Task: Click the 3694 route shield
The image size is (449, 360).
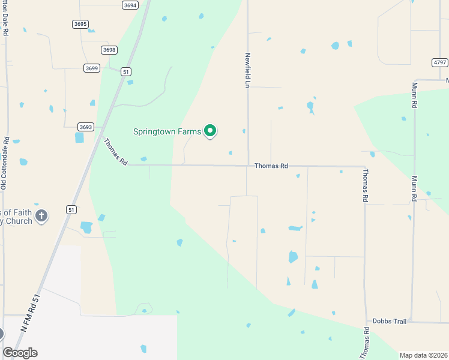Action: [130, 5]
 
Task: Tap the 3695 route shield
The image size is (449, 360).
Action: [80, 24]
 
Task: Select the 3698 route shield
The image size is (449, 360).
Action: [109, 50]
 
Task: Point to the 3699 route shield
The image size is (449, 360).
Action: [91, 68]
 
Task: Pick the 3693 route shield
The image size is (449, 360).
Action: [86, 127]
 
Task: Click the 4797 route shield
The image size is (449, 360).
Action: [440, 62]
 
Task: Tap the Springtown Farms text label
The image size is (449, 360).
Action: [166, 130]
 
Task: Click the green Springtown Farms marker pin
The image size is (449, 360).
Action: [210, 130]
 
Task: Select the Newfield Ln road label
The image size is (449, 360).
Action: [247, 70]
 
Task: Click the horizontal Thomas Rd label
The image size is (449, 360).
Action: [271, 166]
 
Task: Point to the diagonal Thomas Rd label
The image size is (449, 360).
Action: [115, 152]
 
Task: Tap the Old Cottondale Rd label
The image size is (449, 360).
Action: [4, 164]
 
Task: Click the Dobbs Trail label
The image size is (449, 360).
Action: [390, 322]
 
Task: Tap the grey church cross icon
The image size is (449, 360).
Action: [41, 215]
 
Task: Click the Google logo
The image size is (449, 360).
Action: [20, 353]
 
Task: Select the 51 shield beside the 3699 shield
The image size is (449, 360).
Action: [125, 71]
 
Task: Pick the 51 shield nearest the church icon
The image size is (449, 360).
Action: [71, 209]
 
